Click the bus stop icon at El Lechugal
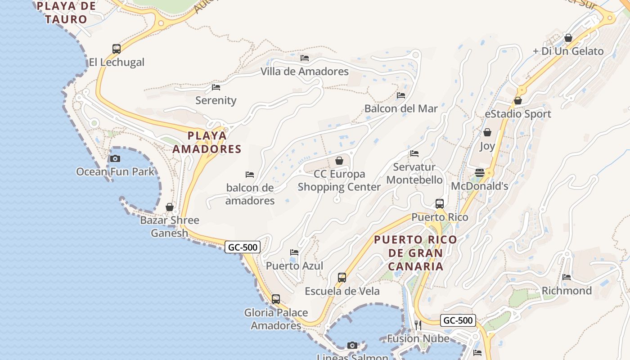coord(117,49)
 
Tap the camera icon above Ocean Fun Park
coord(115,158)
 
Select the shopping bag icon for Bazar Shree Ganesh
coord(170,207)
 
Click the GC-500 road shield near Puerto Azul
coord(243,247)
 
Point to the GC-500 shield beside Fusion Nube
coord(458,320)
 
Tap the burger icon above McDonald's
coord(480,173)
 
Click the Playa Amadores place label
coord(207,142)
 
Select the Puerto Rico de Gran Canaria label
coord(415,253)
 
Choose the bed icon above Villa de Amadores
coord(305,58)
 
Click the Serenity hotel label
coord(216,100)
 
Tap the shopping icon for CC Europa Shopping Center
coord(339,161)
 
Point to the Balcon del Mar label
coord(401,108)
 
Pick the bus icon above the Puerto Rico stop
coord(440,203)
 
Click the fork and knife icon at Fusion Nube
coord(418,325)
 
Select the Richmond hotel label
coord(567,291)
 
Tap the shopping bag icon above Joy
coord(487,132)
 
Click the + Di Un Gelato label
coord(568,51)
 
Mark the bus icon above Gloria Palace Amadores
coord(276,299)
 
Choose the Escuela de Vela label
coord(342,291)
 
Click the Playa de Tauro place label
coord(67,13)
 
